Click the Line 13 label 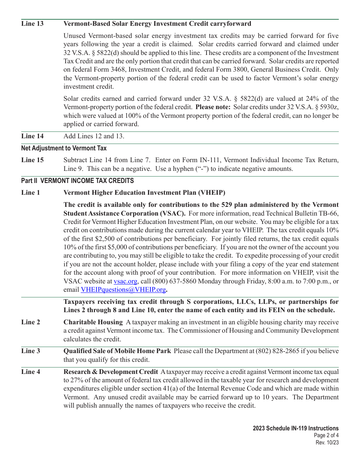(32, 24)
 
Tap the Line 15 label (32, 160)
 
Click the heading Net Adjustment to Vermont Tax (64, 148)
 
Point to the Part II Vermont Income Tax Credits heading (77, 181)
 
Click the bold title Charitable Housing (93, 322)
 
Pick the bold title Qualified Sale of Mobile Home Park (117, 351)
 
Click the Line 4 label (30, 372)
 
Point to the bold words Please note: (213, 107)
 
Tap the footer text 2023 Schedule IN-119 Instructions (296, 428)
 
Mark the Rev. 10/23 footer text (327, 443)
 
